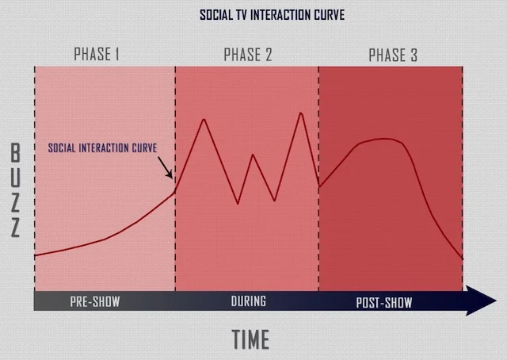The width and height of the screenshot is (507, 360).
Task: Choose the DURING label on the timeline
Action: (x=248, y=302)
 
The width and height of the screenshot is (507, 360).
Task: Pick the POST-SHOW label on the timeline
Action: (x=383, y=302)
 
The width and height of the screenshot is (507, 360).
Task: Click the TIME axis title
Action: (x=250, y=339)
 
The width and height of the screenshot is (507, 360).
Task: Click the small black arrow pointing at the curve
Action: (x=166, y=170)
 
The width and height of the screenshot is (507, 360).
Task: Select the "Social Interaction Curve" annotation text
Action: (x=102, y=147)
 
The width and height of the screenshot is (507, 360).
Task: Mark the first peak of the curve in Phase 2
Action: (x=204, y=119)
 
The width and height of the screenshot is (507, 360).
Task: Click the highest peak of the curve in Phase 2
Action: (x=301, y=113)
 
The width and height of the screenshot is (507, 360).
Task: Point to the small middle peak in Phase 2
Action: (x=253, y=155)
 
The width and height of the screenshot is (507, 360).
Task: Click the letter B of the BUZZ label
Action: (x=16, y=153)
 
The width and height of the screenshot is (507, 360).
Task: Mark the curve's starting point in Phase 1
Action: (x=36, y=255)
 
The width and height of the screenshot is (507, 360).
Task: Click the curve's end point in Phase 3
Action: (x=462, y=259)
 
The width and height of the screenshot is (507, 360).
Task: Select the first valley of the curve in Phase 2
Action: (x=238, y=204)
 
